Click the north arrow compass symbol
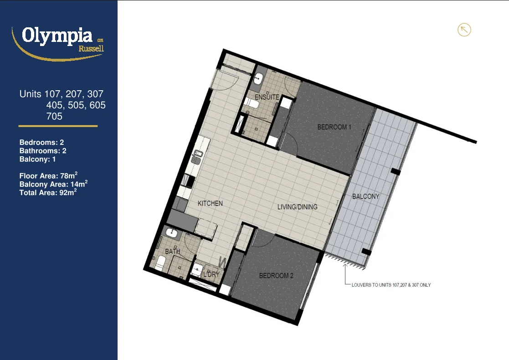[464, 30]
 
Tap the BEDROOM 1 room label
[334, 127]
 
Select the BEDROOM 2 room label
[276, 276]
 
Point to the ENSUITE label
[267, 97]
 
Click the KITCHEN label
[210, 203]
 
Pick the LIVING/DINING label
[298, 207]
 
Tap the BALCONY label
[365, 196]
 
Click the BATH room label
[173, 251]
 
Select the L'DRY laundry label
[211, 274]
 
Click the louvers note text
[391, 285]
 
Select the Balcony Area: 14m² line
[53, 184]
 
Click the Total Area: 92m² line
[47, 193]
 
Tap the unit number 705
[54, 116]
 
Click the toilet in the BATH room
[161, 262]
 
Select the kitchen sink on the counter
[196, 157]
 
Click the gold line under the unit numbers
[58, 126]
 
